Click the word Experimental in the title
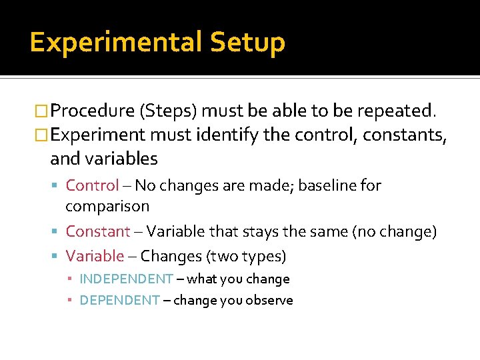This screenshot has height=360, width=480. point(115,43)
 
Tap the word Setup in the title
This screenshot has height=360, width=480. point(247,43)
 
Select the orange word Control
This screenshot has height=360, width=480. point(92,185)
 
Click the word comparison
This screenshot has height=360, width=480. point(107,207)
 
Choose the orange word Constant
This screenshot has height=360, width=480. point(98,232)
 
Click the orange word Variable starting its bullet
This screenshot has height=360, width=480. point(95,256)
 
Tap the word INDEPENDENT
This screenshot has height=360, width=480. point(126,279)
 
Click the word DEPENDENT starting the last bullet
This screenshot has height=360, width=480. point(119,301)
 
